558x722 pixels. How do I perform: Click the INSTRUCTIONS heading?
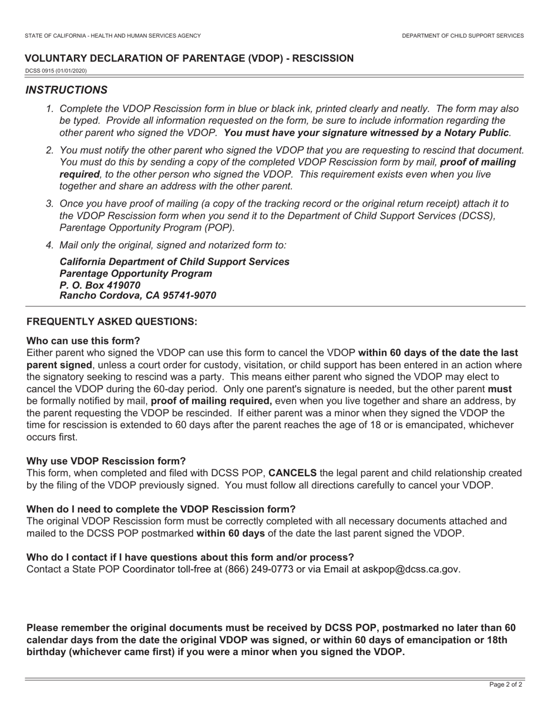[x=66, y=90]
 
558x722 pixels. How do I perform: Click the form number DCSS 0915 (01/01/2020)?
[x=56, y=71]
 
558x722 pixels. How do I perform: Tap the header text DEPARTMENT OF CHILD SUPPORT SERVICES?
[x=463, y=36]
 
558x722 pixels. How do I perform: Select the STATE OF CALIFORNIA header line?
[x=113, y=36]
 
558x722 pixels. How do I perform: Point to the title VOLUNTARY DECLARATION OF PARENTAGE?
[x=189, y=58]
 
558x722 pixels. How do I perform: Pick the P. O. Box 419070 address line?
[x=100, y=285]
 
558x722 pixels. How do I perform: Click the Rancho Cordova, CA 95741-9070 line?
[x=138, y=296]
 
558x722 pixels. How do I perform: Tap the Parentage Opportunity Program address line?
[x=136, y=274]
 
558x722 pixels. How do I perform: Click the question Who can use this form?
[x=83, y=341]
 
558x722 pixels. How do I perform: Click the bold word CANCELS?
[x=293, y=473]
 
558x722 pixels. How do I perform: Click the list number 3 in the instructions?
[x=49, y=204]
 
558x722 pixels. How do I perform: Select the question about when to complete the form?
[x=161, y=509]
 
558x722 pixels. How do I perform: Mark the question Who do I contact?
[x=190, y=557]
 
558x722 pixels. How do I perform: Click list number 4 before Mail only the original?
[x=49, y=245]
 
